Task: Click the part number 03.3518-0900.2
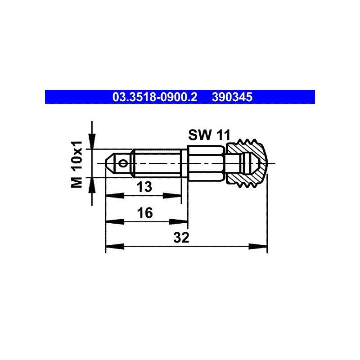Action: pos(155,97)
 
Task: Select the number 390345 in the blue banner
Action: pos(232,97)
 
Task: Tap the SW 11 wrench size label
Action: pos(209,135)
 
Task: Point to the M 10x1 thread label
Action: pos(76,164)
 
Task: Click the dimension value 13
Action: pos(144,186)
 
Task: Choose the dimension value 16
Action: pos(145,212)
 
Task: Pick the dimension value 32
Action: pos(181,238)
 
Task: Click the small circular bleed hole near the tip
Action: pos(123,163)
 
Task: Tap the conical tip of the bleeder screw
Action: pos(111,163)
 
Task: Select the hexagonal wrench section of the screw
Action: pos(206,163)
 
